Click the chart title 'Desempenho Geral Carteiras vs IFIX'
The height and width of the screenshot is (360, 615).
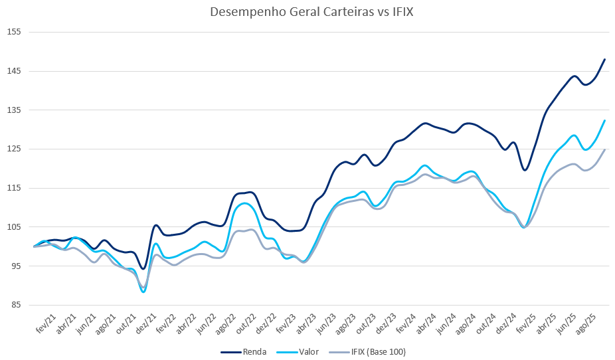click(x=307, y=12)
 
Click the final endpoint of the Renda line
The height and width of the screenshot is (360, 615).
click(x=605, y=59)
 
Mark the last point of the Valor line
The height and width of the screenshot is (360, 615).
click(x=605, y=120)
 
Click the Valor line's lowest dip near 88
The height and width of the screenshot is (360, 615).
click(x=143, y=292)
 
